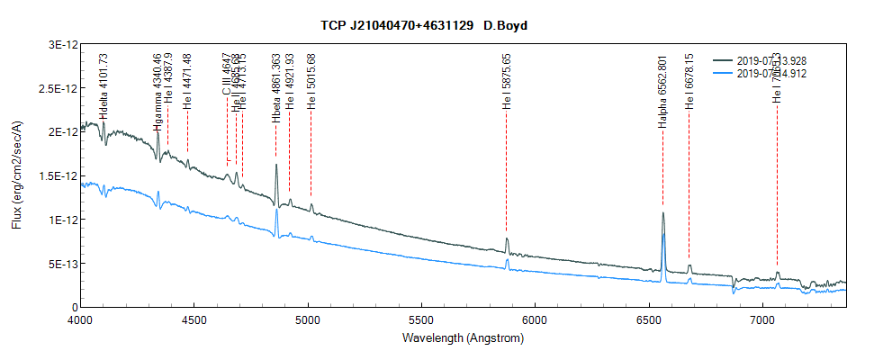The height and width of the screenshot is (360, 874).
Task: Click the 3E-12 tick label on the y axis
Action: tap(59, 44)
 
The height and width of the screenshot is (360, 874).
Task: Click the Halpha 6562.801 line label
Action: tap(662, 92)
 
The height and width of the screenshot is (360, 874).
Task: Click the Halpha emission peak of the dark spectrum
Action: tap(662, 214)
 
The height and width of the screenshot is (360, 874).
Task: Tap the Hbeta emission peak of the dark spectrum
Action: tap(275, 166)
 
